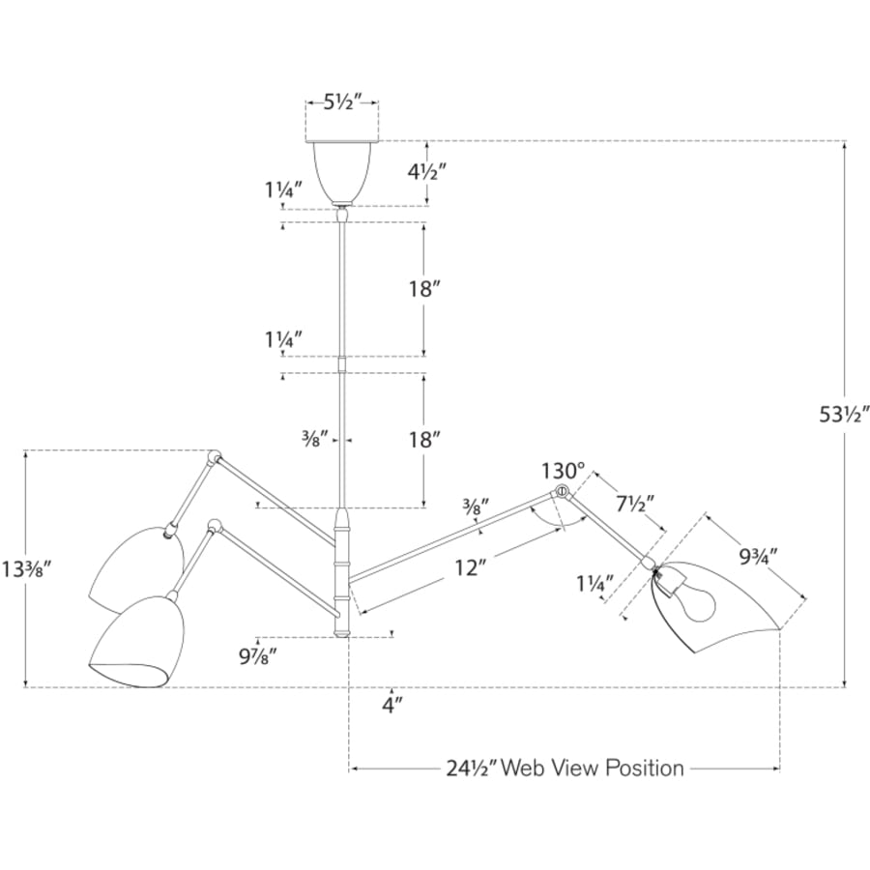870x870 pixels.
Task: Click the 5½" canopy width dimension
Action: [x=342, y=102]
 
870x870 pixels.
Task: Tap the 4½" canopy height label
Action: [x=427, y=173]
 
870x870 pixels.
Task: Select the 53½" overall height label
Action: [x=844, y=415]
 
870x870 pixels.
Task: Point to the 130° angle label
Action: [x=564, y=471]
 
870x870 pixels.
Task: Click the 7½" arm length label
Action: [x=635, y=504]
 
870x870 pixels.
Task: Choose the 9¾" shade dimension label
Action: [x=759, y=556]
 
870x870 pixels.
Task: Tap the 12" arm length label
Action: [x=471, y=567]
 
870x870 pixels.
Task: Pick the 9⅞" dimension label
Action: [x=258, y=657]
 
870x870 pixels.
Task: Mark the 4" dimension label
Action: [x=391, y=706]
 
